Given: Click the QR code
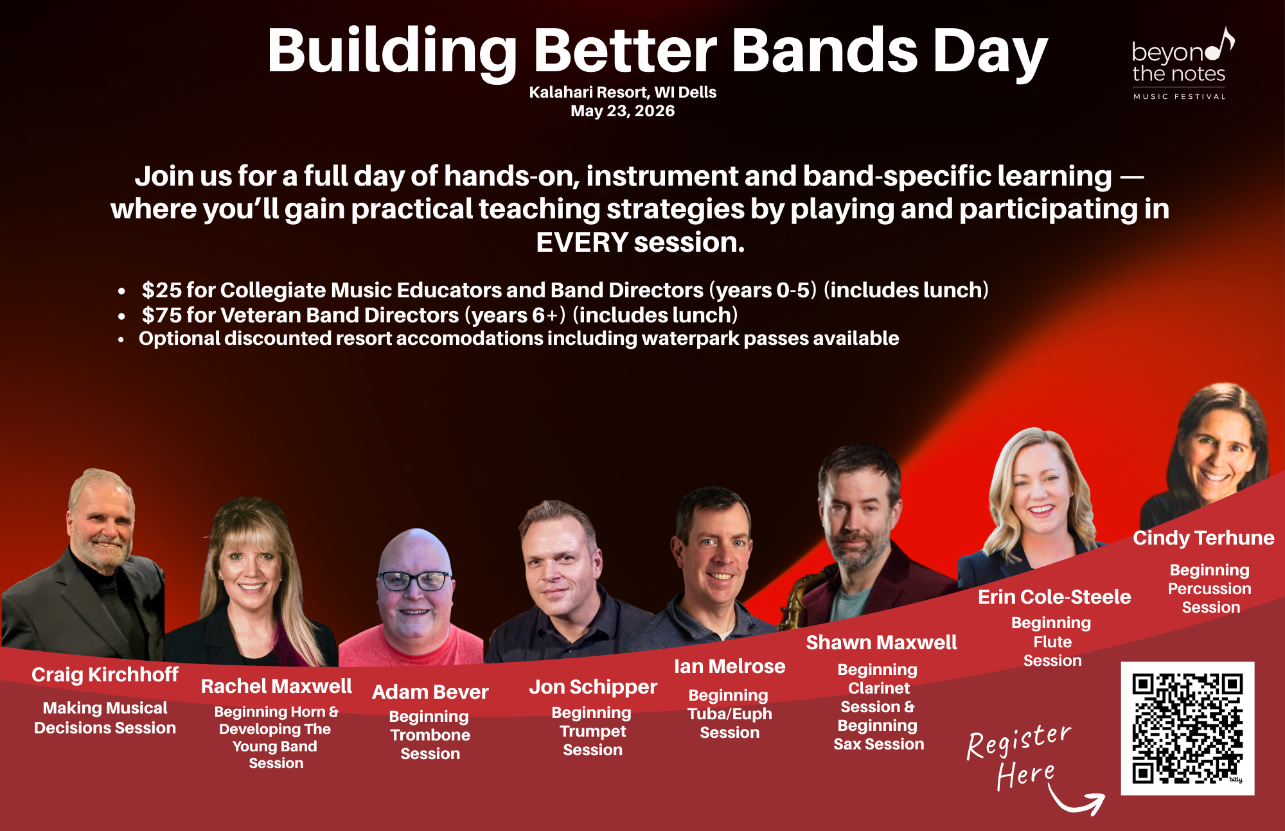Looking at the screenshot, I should point(1187,728).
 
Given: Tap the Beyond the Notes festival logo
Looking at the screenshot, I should point(1181,64).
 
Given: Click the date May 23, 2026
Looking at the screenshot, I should point(623,111).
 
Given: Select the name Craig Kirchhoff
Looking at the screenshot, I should point(105,674).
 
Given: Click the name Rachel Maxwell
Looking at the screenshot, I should point(276,686).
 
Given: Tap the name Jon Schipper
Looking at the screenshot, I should point(592,687).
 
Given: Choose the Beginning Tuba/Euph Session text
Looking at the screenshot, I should point(729,713).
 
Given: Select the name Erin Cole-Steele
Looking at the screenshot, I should point(1054,597).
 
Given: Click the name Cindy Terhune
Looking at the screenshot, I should point(1203,538).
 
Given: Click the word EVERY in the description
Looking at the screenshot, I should point(581,243).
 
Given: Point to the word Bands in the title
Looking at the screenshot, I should point(825,51).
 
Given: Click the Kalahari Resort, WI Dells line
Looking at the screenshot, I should point(623,92).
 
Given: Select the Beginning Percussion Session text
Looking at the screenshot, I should point(1210,588).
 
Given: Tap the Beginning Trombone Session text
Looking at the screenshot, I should point(430,735).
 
